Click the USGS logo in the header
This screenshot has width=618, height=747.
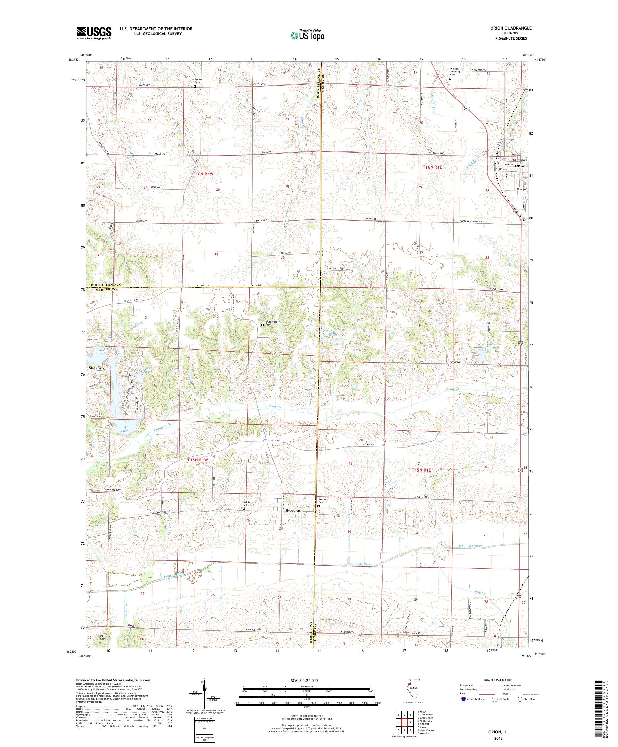coord(94,33)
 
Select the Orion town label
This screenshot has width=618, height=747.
coord(520,166)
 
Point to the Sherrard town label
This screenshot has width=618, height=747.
coord(97,368)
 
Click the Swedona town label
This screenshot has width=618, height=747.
coord(294,510)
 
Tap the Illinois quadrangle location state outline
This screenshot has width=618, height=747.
coord(412,693)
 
